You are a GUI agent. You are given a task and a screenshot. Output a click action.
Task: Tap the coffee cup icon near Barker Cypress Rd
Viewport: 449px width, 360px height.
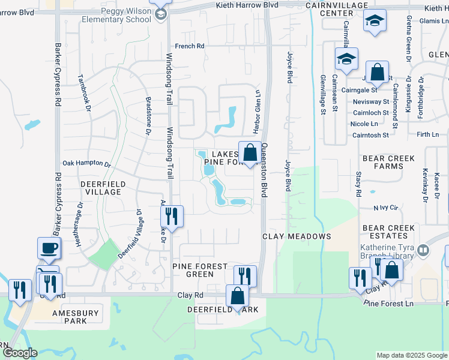point(49,248)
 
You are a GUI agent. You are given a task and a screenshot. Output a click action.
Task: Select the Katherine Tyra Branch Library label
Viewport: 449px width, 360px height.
point(385,251)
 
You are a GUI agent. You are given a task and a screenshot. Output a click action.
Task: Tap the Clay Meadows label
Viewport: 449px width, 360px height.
point(297,236)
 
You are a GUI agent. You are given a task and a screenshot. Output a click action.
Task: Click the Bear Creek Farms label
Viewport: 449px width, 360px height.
point(389,162)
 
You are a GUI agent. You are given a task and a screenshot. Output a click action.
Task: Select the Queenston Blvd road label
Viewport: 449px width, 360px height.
point(264,172)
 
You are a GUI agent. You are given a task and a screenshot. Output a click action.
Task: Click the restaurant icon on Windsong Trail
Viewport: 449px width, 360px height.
point(173,217)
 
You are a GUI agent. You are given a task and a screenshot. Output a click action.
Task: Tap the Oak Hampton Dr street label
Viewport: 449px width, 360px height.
point(87,164)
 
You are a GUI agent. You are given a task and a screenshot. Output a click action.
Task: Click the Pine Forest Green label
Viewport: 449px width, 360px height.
point(200,270)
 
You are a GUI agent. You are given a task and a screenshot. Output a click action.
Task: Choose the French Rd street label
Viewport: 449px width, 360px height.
point(190,46)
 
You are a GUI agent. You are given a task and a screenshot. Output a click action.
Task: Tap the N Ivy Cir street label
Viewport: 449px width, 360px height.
point(386,208)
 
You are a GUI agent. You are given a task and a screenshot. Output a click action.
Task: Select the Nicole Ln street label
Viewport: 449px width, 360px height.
point(364,124)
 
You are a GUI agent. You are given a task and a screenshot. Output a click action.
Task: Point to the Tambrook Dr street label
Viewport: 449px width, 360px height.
point(84,93)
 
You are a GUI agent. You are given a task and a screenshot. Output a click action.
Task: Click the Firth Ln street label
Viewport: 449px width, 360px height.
point(428,135)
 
